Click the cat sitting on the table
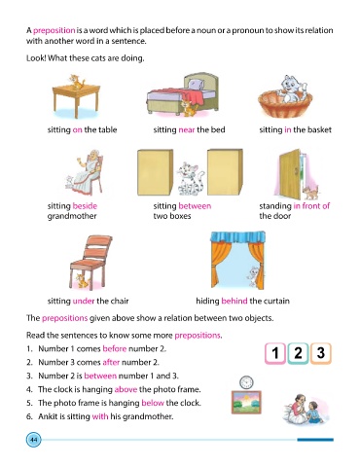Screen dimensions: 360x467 pos(77,82)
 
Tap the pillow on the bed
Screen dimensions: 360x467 pos(196,85)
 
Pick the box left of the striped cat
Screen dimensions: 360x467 pos(156,172)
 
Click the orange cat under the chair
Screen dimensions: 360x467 pos(82,281)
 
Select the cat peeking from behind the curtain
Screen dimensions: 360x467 pos(252,276)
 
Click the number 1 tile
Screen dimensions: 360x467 pos(275,353)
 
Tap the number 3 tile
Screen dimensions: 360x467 pos(321,353)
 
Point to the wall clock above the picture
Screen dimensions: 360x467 pos(246,382)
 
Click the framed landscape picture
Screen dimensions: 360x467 pos(246,402)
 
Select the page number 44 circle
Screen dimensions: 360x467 pos(34,440)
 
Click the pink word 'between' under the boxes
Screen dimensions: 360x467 pos(195,206)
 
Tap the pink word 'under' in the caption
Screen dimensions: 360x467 pos(84,301)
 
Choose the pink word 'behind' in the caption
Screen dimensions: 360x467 pos(234,301)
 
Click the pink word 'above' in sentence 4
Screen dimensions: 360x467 pos(126,389)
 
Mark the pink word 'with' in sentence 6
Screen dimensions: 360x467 pos(100,416)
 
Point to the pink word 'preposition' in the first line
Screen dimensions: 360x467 pos(54,31)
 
